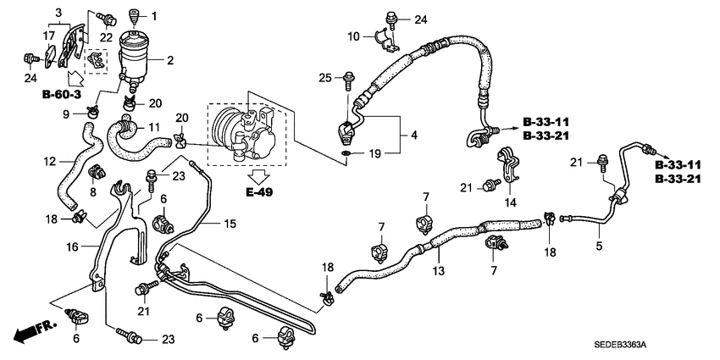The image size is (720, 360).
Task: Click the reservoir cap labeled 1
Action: (134, 18)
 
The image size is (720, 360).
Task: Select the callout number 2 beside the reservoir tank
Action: (170, 60)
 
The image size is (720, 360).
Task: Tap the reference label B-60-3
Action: (62, 95)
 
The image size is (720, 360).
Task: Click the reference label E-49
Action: (258, 192)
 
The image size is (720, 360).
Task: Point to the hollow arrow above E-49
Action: (259, 175)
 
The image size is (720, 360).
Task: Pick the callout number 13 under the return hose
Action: (439, 271)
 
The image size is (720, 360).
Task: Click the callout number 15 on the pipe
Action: (230, 224)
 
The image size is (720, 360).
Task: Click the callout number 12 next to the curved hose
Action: (50, 161)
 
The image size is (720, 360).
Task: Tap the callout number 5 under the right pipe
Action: (599, 246)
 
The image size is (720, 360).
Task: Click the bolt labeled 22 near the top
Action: (108, 20)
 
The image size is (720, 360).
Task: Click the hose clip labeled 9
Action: (94, 111)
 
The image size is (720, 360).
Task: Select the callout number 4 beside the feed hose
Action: (414, 136)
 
